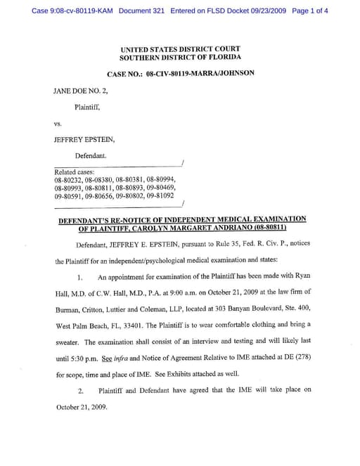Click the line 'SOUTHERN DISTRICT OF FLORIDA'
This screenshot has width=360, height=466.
tap(180, 57)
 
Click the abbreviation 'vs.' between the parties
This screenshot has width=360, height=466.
tap(58, 124)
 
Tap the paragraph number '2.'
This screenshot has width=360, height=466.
tap(81, 390)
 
